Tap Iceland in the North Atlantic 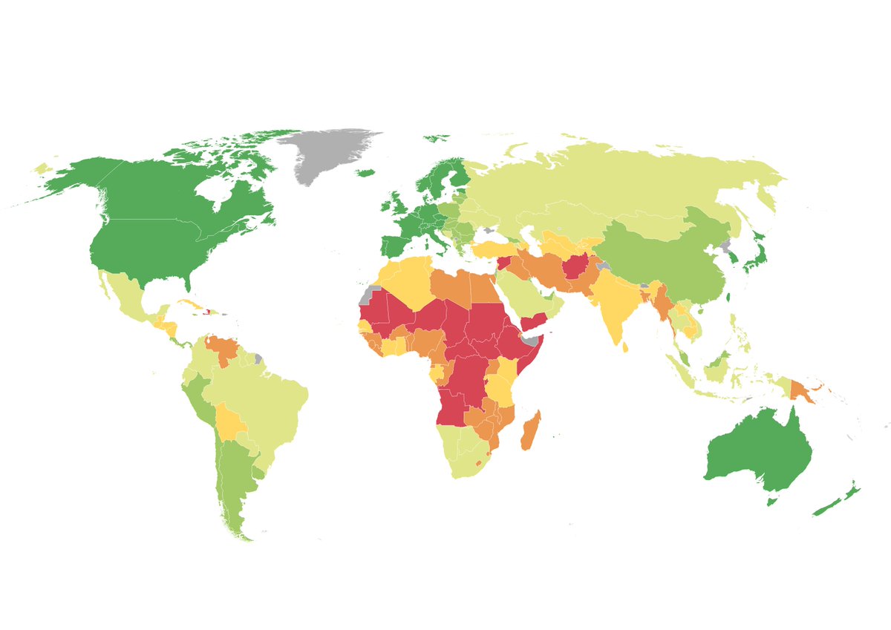365,174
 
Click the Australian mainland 757,453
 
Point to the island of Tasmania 772,502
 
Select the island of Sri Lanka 627,346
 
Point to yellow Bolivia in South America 230,423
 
